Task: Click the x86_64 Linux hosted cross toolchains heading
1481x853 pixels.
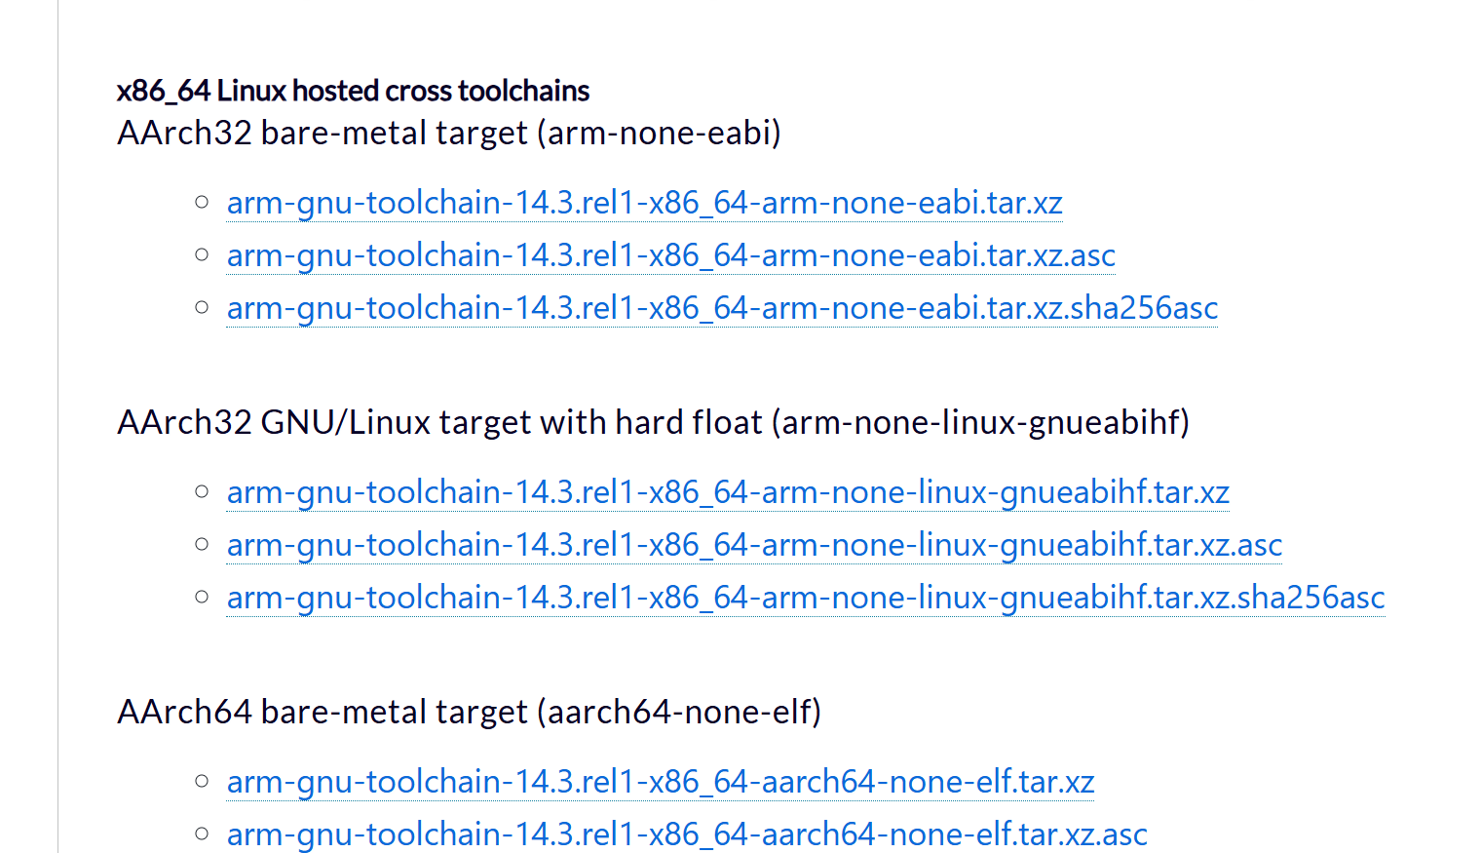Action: point(353,91)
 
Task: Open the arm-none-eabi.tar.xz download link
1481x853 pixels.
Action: point(644,203)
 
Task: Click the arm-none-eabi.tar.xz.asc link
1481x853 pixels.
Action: point(670,255)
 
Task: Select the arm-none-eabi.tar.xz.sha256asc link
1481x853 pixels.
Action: point(722,308)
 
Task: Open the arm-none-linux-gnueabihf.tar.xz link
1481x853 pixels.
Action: point(728,492)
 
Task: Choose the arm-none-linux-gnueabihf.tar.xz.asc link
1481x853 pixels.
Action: point(754,545)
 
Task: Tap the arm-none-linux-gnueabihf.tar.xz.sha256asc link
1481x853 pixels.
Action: point(806,598)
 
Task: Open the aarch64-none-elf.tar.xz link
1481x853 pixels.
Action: point(661,782)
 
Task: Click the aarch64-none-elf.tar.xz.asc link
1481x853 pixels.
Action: point(687,834)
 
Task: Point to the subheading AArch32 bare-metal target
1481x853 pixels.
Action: point(322,133)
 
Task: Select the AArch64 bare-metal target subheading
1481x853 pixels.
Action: point(322,712)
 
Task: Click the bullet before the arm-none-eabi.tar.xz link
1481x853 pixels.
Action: point(202,203)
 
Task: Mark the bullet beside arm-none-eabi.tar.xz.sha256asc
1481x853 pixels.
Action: point(202,308)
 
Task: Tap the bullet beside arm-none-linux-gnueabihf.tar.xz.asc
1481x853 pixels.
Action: point(202,545)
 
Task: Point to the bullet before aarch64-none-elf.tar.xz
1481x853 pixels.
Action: point(202,782)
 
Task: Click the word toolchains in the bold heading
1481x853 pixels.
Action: point(523,91)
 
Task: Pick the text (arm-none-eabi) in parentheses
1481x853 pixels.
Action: point(659,133)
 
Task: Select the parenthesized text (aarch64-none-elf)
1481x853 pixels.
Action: point(679,712)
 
